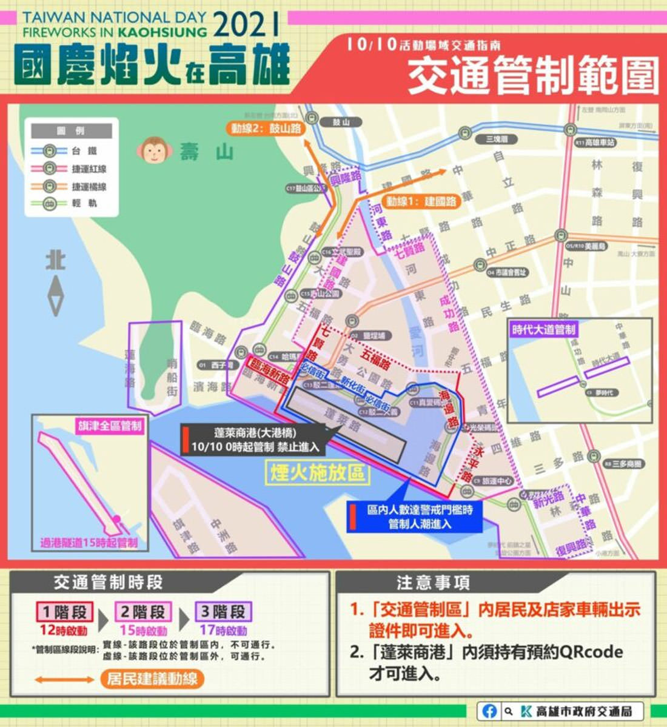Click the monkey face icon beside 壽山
point(154,150)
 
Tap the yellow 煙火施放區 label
point(317,472)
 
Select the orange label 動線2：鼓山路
point(266,129)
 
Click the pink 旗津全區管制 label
point(110,425)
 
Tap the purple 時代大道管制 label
point(543,330)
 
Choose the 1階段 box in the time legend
point(64,612)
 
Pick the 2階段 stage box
point(143,612)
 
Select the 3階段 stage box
point(223,612)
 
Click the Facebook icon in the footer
point(489,711)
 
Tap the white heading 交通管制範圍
point(532,76)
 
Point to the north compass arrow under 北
point(55,296)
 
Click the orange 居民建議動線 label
point(152,678)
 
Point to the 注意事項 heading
point(433,583)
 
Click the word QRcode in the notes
point(591,652)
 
